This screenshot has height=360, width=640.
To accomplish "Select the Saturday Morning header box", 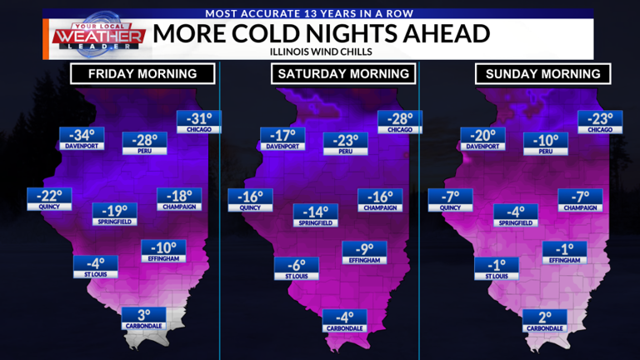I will (x=343, y=73).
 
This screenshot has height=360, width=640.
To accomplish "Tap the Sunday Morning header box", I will (x=543, y=73).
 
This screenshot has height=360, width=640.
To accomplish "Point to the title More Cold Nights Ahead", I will (x=321, y=34).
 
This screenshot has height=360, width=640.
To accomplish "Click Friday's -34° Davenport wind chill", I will (x=82, y=137).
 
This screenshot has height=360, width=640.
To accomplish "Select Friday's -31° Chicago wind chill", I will (x=198, y=121).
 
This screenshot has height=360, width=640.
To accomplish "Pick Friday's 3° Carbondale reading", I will (x=143, y=317).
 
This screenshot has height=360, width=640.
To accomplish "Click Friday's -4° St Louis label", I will (x=95, y=266).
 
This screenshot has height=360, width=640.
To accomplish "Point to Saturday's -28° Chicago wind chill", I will (x=400, y=121).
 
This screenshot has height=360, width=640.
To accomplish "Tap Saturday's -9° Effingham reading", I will (x=364, y=252).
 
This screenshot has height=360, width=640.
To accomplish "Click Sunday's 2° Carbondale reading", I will (x=544, y=320).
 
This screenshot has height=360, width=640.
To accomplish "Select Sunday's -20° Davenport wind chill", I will (x=483, y=137).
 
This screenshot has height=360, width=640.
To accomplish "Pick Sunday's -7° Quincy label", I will (x=450, y=199).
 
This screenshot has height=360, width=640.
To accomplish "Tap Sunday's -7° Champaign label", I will (x=580, y=199).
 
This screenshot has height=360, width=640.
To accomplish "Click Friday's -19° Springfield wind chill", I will (x=115, y=214).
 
